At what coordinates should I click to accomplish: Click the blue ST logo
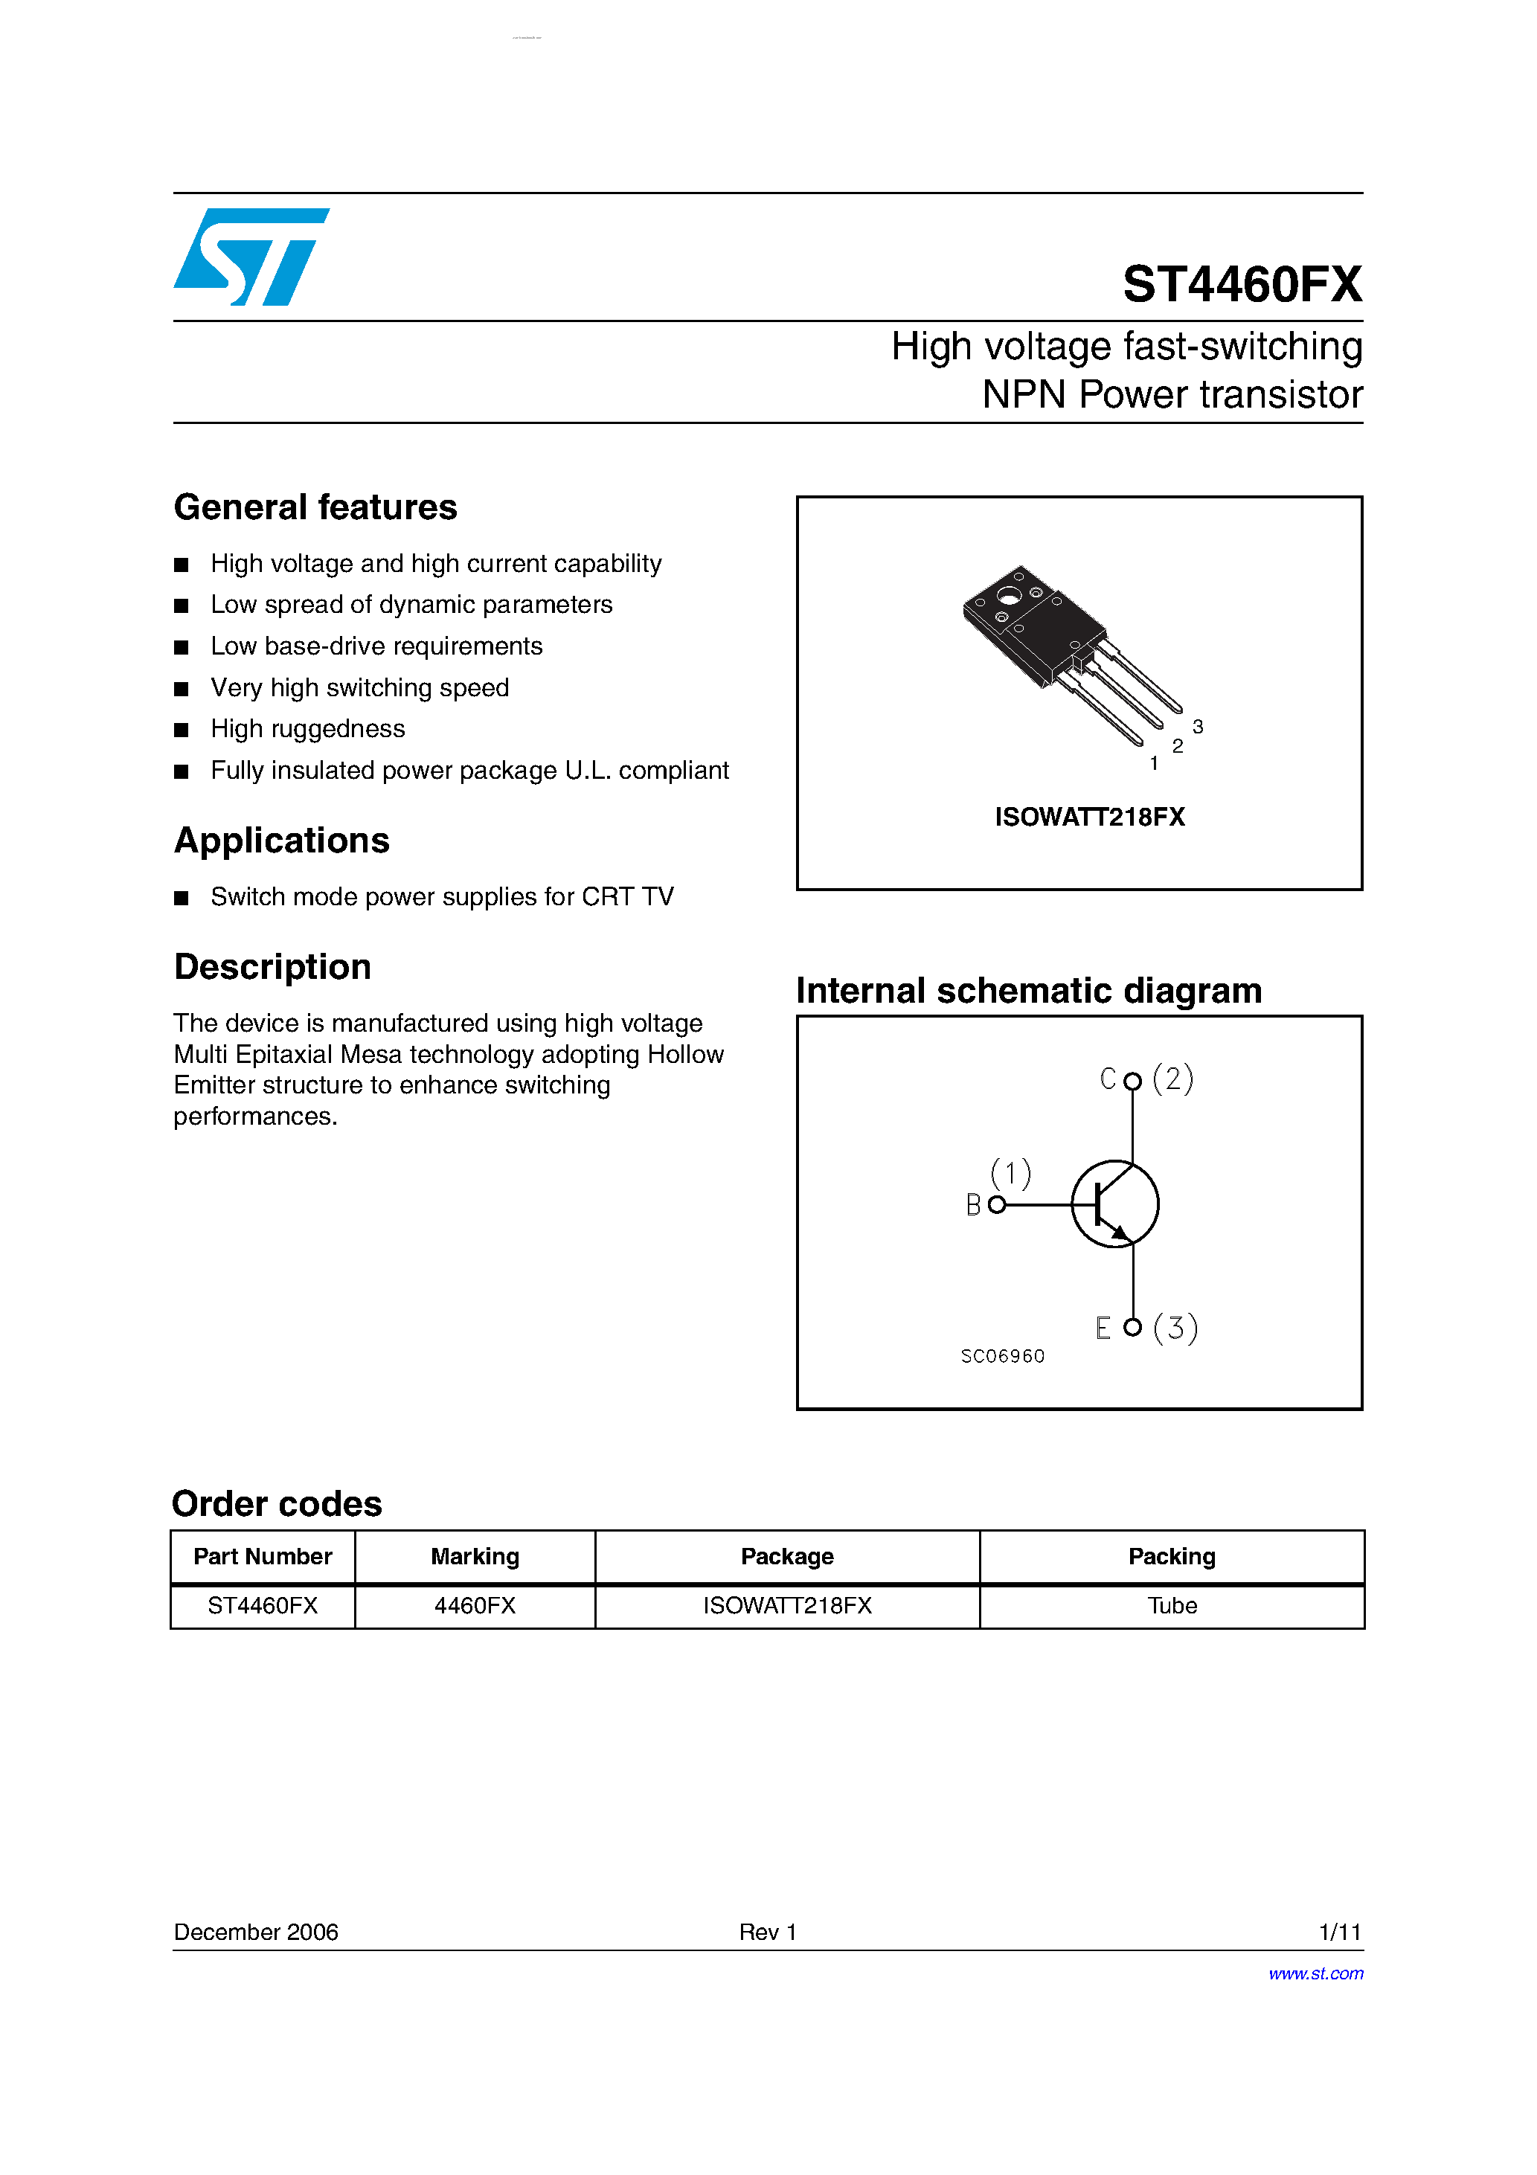[x=251, y=257]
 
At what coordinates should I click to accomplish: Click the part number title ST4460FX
[x=1242, y=284]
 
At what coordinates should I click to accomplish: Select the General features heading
[x=315, y=508]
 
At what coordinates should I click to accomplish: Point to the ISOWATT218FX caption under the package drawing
[x=1090, y=817]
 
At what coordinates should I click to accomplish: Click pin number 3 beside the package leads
[x=1198, y=727]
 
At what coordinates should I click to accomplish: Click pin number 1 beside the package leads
[x=1154, y=762]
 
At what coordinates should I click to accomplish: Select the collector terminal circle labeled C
[x=1132, y=1081]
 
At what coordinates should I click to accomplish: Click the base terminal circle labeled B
[x=996, y=1205]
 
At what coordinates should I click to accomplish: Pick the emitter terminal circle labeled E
[x=1132, y=1327]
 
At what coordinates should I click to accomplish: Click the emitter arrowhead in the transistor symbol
[x=1121, y=1233]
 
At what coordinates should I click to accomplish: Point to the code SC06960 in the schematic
[x=1003, y=1357]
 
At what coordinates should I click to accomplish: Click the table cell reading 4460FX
[x=475, y=1606]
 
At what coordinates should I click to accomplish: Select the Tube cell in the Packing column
[x=1172, y=1606]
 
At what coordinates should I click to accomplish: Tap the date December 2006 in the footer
[x=256, y=1932]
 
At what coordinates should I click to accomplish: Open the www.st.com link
[x=1315, y=1973]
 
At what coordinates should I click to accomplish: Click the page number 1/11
[x=1339, y=1932]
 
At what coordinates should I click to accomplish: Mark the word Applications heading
[x=281, y=841]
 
